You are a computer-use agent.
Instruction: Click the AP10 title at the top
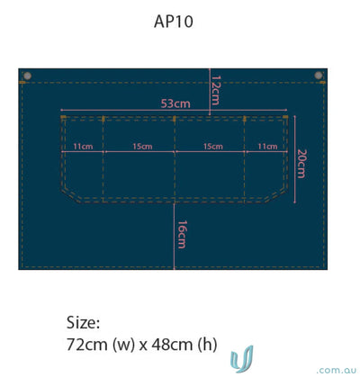point(174,22)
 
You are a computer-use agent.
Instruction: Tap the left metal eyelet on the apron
point(27,76)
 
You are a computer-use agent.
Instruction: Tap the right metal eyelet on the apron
point(319,75)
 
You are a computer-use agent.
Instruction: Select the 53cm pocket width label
point(175,103)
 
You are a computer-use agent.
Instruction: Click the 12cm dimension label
point(216,90)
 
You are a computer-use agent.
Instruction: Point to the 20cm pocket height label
point(301,164)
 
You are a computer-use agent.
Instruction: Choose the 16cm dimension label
point(182,235)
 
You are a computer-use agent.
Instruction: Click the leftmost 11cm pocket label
point(83,147)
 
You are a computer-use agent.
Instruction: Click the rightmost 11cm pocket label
point(267,147)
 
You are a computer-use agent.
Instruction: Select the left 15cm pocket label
point(142,147)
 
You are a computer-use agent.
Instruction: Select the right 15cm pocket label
point(213,147)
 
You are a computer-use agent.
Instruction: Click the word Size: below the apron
point(83,322)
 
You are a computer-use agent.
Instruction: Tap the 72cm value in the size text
point(87,345)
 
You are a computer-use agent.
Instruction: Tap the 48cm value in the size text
point(172,345)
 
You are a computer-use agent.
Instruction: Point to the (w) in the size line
point(123,345)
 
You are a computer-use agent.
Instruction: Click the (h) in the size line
point(207,345)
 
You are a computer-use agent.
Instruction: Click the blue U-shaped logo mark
point(242,359)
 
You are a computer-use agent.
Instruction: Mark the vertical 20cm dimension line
point(295,159)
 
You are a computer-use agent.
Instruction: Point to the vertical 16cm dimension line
point(175,237)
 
